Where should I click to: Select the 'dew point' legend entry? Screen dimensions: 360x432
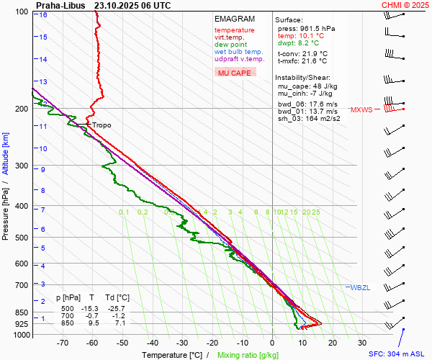pos(230,45)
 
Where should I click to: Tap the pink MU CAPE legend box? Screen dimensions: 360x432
pos(235,73)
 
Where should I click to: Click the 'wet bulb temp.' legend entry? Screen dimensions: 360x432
pos(238,52)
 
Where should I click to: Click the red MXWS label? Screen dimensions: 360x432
pos(362,110)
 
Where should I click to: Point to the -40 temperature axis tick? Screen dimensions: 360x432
pos(152,343)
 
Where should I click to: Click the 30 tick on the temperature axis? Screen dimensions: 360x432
pos(361,343)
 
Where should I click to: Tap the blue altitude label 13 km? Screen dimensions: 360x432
pos(43,81)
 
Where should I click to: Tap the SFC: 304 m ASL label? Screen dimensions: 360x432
pos(397,354)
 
